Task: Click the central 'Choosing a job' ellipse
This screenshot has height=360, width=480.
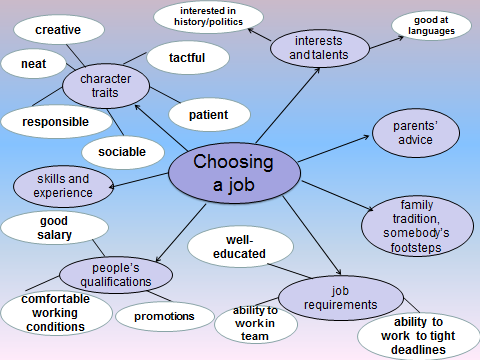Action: click(234, 173)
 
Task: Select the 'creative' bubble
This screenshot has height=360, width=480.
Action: click(59, 30)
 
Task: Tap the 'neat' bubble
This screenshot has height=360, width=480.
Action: click(34, 64)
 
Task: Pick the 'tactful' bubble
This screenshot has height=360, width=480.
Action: click(188, 58)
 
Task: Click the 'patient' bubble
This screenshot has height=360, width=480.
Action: click(209, 115)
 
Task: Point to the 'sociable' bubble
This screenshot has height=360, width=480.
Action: click(123, 152)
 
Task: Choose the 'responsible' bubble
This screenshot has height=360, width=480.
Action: click(56, 122)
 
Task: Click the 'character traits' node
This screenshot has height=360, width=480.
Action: click(106, 86)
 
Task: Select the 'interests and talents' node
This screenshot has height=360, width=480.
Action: click(319, 48)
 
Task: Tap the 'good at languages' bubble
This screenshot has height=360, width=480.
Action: click(431, 26)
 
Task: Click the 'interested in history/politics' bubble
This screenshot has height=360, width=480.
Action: click(208, 17)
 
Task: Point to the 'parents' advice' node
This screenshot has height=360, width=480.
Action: click(416, 133)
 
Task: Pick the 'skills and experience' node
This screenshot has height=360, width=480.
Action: click(63, 186)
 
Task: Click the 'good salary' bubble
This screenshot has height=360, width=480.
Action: click(54, 228)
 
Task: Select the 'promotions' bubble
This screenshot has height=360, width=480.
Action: click(164, 316)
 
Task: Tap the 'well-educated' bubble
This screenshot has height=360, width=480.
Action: click(240, 247)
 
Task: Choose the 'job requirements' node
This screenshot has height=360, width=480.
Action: click(341, 298)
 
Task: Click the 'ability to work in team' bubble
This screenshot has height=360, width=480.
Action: click(255, 324)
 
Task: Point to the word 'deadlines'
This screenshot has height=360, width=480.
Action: click(418, 350)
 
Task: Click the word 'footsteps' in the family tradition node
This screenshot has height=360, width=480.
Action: click(416, 248)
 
